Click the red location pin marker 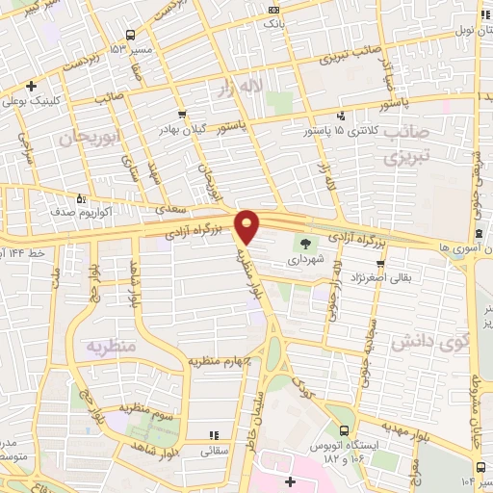[x=248, y=227]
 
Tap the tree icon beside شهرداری [x=306, y=245]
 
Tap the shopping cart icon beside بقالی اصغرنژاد [x=382, y=262]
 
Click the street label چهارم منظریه [x=223, y=361]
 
